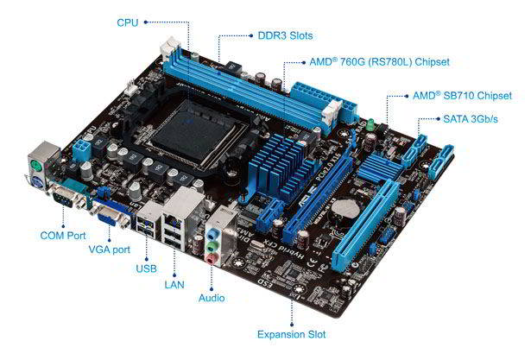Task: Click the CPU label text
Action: tap(128, 22)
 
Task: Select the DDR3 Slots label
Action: tap(285, 35)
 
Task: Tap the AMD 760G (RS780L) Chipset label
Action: tap(380, 62)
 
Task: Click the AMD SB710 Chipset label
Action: tap(462, 96)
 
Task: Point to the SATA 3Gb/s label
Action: tap(471, 119)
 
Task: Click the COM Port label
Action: tap(63, 236)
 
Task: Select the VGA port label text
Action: tap(110, 249)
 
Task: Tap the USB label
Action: tap(146, 268)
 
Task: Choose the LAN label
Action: tap(174, 285)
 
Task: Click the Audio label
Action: tap(212, 298)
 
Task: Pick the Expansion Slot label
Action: tap(291, 335)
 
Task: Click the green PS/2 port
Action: tap(36, 167)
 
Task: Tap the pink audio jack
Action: tap(211, 259)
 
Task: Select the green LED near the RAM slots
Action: tap(371, 124)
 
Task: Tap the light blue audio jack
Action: tap(212, 234)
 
